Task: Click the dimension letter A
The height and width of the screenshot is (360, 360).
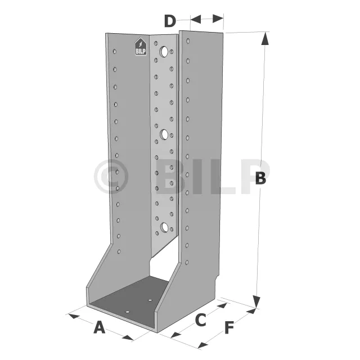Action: point(99,327)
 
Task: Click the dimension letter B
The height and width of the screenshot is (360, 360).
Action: point(260,178)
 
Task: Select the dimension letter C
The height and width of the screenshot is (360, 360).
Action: point(200,320)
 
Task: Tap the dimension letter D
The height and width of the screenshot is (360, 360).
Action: point(170,21)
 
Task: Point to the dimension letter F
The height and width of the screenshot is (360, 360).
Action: point(229,327)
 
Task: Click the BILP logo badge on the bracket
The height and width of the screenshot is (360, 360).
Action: point(141,47)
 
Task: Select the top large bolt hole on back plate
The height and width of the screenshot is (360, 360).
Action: point(164,52)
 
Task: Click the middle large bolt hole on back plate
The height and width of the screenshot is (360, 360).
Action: point(165,134)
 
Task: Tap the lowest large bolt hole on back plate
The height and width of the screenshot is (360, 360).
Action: point(165,227)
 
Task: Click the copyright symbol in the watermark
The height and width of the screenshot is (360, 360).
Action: point(111,177)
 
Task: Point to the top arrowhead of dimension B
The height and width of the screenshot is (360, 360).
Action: point(265,37)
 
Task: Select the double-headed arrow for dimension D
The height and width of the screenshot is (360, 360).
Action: point(206,20)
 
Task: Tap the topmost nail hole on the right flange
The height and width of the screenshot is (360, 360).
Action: point(188,41)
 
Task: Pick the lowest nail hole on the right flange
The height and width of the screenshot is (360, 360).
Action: point(187,262)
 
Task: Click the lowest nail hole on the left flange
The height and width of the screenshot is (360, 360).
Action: point(119,251)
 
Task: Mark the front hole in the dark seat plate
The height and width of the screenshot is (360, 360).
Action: point(127,310)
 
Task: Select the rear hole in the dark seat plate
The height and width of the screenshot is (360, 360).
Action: point(150,300)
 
